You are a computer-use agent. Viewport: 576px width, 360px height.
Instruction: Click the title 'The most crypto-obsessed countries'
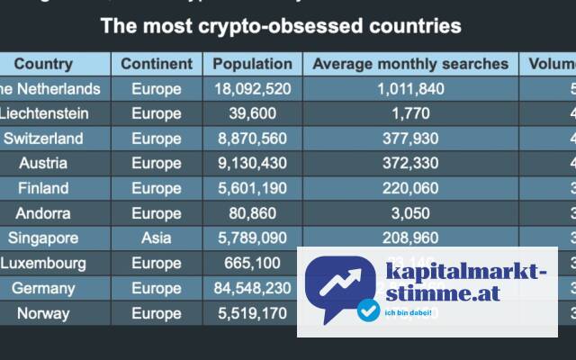(x=281, y=25)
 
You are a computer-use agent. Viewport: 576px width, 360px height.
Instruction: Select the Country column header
(x=43, y=64)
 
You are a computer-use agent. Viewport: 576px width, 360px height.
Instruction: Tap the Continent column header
(x=157, y=64)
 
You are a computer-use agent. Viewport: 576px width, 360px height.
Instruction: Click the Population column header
(x=253, y=64)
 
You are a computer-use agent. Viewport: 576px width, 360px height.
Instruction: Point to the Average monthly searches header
(x=410, y=64)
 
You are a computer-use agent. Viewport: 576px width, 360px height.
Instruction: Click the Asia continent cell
(x=157, y=238)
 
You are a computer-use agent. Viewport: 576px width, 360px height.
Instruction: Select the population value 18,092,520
(x=253, y=89)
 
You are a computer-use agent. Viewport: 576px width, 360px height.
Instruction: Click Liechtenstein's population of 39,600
(x=253, y=113)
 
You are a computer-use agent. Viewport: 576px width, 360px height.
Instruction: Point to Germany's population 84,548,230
(x=253, y=289)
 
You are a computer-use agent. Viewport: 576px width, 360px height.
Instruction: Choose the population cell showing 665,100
(x=253, y=264)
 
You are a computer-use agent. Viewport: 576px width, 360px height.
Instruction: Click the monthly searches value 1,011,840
(x=410, y=89)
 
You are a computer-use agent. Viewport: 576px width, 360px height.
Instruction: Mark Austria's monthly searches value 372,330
(x=410, y=164)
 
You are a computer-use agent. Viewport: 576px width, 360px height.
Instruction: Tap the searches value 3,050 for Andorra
(x=410, y=213)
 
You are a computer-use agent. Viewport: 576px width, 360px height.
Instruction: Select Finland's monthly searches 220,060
(x=410, y=189)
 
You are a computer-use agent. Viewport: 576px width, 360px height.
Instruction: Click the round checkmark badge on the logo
(x=367, y=310)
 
